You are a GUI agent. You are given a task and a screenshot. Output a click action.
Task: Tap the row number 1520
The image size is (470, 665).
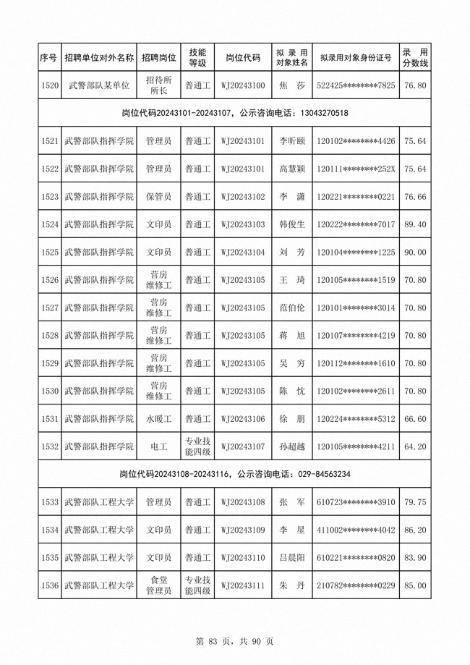coord(50,86)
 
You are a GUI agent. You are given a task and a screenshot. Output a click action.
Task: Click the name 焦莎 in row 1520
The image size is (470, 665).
coord(292,86)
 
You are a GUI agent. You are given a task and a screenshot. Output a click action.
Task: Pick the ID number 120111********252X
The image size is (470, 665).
coord(356,169)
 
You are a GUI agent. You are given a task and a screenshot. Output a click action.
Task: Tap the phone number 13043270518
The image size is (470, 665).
coord(323,114)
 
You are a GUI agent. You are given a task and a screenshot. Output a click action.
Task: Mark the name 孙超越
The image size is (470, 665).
coord(292,446)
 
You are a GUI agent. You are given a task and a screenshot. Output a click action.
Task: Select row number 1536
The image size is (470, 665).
coord(50,585)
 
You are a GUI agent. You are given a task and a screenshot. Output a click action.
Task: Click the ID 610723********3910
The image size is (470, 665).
coord(356,502)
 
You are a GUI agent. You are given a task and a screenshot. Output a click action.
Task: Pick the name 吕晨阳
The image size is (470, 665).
coord(292,558)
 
